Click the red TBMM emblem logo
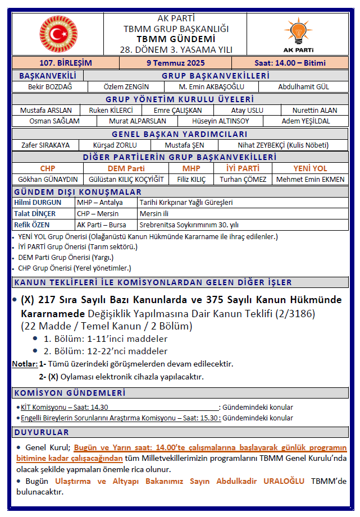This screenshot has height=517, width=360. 58,34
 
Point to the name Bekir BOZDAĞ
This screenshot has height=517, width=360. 50,87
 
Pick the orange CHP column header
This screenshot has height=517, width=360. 48,168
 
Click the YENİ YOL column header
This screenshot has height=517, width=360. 310,168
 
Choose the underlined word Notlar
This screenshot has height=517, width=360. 25,364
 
